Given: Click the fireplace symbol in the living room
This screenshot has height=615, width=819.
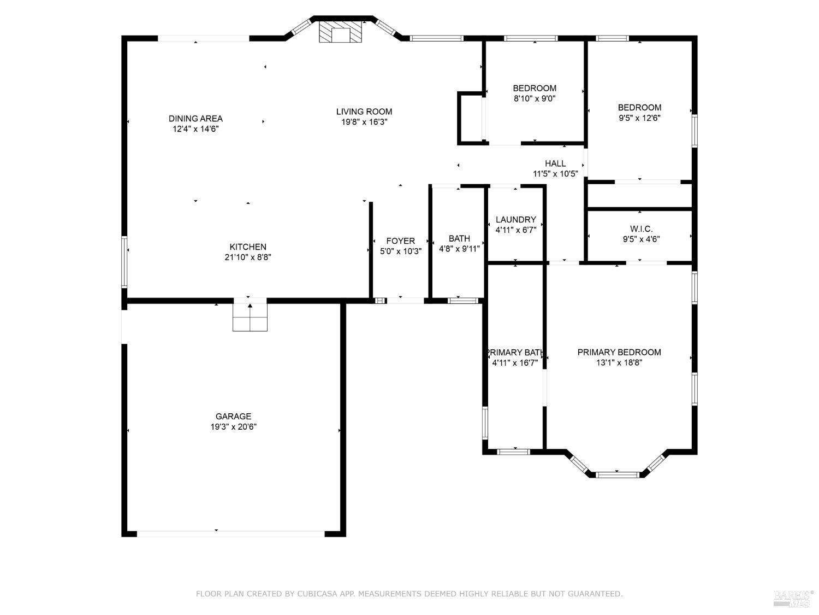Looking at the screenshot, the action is (x=340, y=31).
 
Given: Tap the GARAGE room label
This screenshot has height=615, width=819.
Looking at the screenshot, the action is (x=233, y=416).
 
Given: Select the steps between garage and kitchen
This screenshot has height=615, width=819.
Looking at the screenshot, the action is (x=250, y=317).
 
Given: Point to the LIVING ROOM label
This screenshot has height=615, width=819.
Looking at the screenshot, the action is (x=364, y=112).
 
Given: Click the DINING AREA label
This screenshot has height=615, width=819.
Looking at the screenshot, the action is (x=195, y=119).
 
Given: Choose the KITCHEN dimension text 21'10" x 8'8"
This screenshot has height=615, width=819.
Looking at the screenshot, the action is (x=248, y=257).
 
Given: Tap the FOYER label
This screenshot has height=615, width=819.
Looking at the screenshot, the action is (x=400, y=241).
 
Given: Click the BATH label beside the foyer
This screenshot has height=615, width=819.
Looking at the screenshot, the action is (x=459, y=238).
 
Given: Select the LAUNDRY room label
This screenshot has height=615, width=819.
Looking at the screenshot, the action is (x=515, y=220).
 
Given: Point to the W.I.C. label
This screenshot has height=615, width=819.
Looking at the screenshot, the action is (x=641, y=229).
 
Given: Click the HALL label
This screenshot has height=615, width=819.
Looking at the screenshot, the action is (x=555, y=163).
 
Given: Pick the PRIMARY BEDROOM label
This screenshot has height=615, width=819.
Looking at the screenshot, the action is (x=619, y=352).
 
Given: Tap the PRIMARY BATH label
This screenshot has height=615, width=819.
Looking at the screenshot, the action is (x=515, y=353).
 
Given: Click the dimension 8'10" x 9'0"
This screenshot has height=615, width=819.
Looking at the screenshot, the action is (x=535, y=98).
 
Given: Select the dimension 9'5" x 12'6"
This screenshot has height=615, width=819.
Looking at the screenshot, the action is (x=639, y=118).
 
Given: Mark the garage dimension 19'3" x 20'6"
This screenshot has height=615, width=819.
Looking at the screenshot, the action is (x=233, y=427).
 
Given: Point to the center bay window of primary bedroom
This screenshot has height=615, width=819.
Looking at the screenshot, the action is (x=617, y=475).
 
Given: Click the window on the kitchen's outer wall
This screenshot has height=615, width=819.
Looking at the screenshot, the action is (x=124, y=261).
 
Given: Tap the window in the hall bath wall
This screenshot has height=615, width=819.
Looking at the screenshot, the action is (x=462, y=301).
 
